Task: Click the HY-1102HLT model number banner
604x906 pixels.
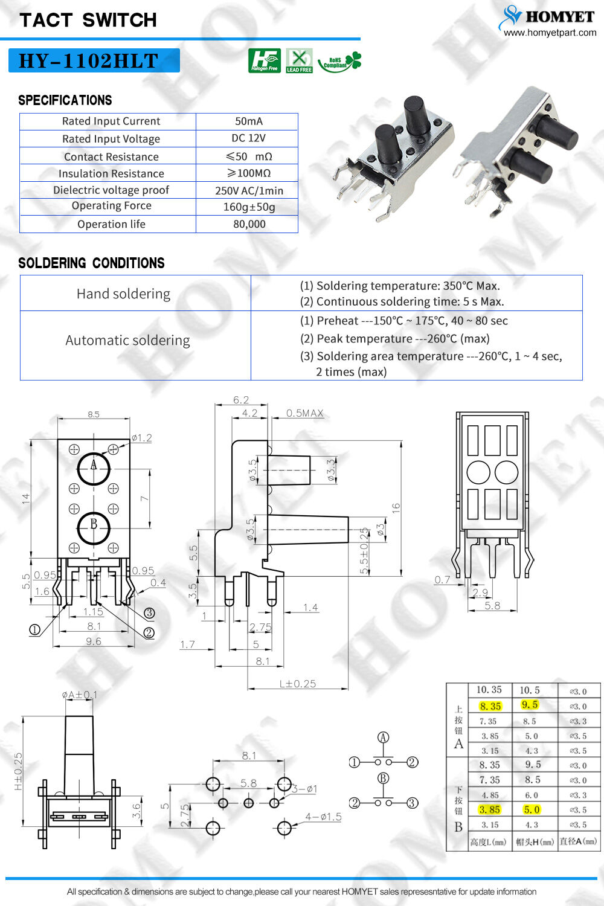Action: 94,60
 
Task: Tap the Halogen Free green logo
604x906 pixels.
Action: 264,60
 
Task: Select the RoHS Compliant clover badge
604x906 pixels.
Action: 339,62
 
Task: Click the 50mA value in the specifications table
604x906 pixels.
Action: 248,121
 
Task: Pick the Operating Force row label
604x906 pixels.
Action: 111,206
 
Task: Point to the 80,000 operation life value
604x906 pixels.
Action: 249,224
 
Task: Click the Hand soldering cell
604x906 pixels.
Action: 123,294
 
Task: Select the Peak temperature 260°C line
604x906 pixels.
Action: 394,339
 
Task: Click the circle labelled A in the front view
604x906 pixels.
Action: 94,467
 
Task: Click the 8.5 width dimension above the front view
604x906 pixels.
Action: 94,414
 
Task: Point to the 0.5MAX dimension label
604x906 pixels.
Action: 304,413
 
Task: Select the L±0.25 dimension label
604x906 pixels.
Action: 297,684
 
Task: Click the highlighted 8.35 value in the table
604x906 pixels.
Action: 490,705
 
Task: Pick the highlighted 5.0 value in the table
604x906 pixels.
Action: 531,809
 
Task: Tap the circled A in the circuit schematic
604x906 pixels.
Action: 383,737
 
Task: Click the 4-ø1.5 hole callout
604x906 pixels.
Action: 323,817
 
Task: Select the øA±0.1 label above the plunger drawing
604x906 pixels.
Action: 79,695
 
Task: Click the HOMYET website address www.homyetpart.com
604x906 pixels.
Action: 550,33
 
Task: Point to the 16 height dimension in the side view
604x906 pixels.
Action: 396,508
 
